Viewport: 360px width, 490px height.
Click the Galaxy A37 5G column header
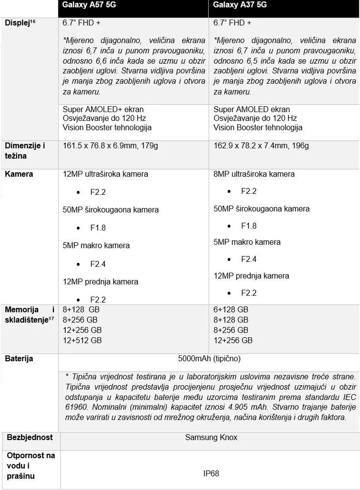[x=240, y=5]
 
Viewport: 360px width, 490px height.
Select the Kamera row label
[x=19, y=174]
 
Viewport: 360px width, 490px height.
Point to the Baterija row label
[x=19, y=359]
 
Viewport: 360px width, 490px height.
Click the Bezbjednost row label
[x=30, y=437]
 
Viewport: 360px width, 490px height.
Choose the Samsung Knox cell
[x=211, y=437]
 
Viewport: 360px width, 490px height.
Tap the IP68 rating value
[x=211, y=473]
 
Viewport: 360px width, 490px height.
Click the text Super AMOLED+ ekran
[x=103, y=109]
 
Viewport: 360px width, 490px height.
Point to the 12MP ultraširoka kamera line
[x=105, y=174]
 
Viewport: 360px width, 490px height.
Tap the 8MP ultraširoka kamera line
[x=254, y=174]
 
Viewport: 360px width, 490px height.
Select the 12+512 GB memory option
[x=82, y=340]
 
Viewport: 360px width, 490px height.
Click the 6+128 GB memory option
[x=231, y=309]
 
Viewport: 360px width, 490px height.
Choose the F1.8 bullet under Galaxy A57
[x=98, y=228]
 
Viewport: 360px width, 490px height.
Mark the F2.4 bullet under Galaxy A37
[x=249, y=259]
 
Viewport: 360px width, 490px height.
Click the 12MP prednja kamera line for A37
[x=251, y=276]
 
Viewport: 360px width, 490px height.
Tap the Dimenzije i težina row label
[x=25, y=151]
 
